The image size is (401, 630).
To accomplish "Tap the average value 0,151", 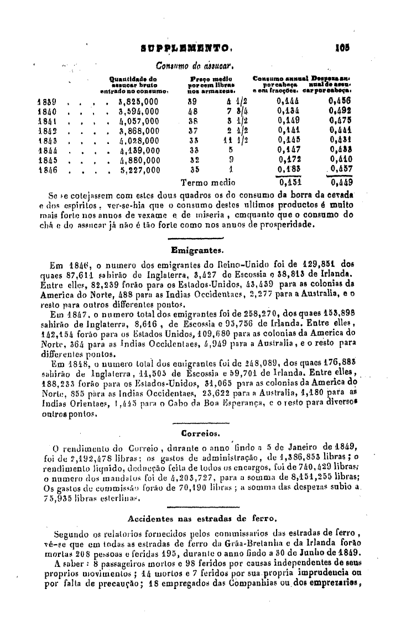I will (289, 182).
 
